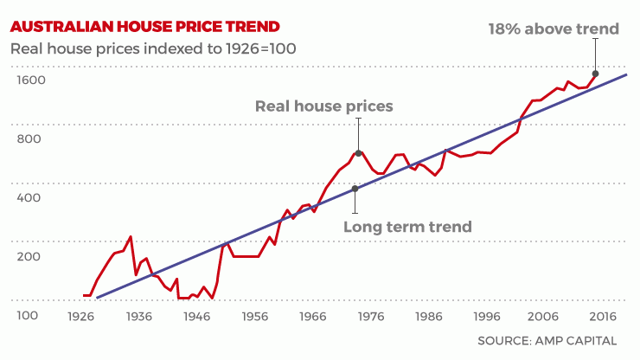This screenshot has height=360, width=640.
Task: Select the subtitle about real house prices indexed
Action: pyautogui.click(x=153, y=48)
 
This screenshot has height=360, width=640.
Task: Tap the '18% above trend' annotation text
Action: pyautogui.click(x=554, y=29)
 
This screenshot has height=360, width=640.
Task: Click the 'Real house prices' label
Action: pyautogui.click(x=323, y=106)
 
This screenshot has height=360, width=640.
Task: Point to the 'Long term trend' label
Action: pyautogui.click(x=407, y=227)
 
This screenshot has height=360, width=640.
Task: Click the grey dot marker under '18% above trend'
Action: pyautogui.click(x=595, y=74)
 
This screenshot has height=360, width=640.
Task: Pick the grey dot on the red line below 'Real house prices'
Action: pyautogui.click(x=358, y=153)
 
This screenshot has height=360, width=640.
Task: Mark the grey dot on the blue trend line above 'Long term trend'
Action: pyautogui.click(x=355, y=189)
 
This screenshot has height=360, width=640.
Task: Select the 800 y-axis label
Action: pyautogui.click(x=29, y=138)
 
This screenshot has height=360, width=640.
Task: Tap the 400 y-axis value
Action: pyautogui.click(x=29, y=197)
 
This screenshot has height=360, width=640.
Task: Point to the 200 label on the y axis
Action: pyautogui.click(x=29, y=256)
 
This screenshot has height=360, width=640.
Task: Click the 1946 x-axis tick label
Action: pyautogui.click(x=197, y=317)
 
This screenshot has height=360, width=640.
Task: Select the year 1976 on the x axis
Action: pyautogui.click(x=370, y=317)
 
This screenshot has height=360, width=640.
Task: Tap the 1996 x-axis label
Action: pyautogui.click(x=486, y=317)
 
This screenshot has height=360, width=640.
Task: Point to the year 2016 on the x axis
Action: pyautogui.click(x=601, y=317)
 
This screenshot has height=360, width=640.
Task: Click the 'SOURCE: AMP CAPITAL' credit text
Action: pyautogui.click(x=547, y=341)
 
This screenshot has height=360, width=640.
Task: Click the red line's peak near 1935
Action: pyautogui.click(x=130, y=236)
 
